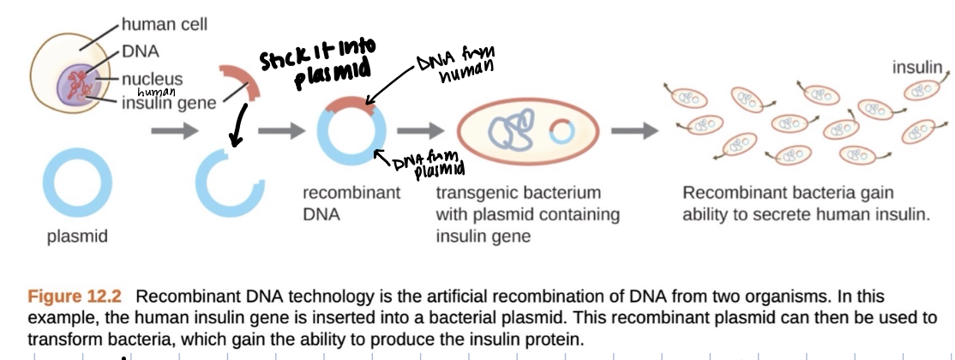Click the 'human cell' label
pos(165,25)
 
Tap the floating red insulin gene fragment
pos(242,81)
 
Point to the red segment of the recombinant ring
pos(351,107)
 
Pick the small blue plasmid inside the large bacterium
pos(562,132)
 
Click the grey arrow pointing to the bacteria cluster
pos(640,132)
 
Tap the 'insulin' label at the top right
pos(916,68)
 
